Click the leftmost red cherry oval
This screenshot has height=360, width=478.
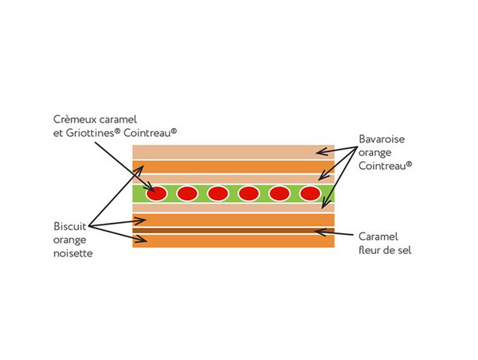(x=157, y=194)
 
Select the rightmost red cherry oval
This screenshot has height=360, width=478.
(x=309, y=194)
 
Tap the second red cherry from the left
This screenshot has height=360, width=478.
(x=187, y=194)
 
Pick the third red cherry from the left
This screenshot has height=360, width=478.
(x=217, y=194)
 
